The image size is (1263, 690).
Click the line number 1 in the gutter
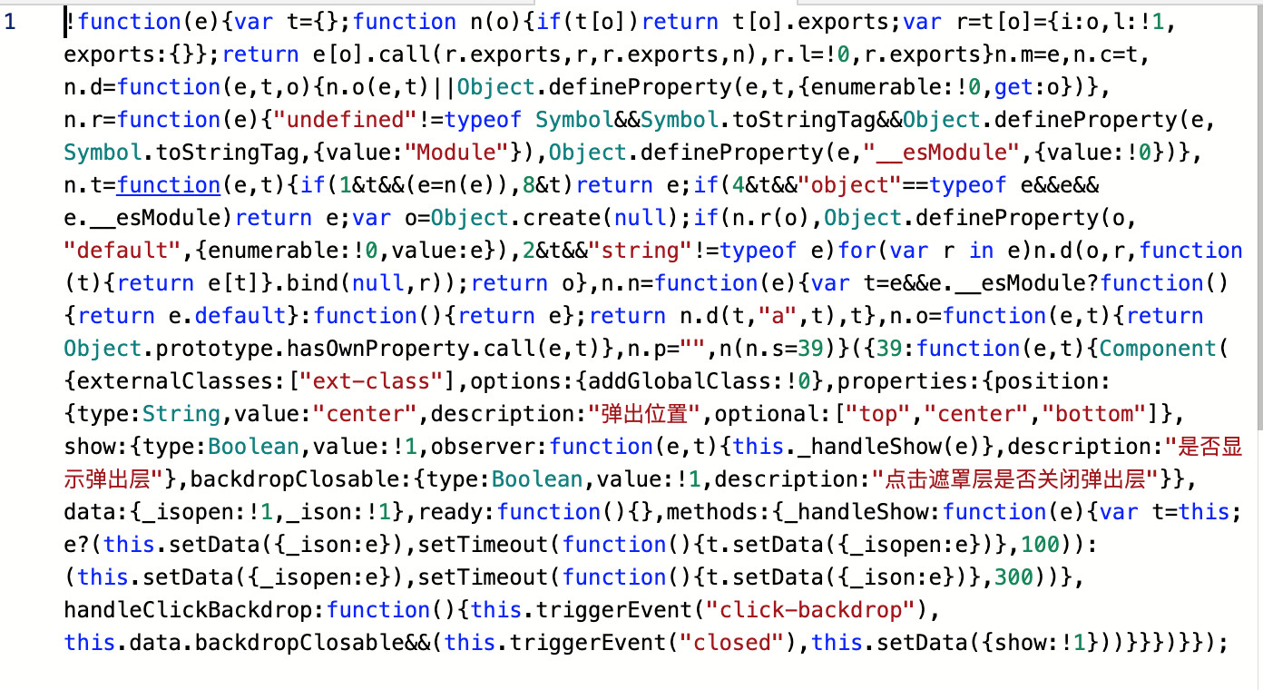tap(10, 22)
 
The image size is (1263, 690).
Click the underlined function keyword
tap(169, 185)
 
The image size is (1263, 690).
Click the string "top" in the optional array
tap(878, 414)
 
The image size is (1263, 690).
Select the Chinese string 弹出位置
tap(647, 414)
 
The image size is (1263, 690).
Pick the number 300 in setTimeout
tap(1014, 577)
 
